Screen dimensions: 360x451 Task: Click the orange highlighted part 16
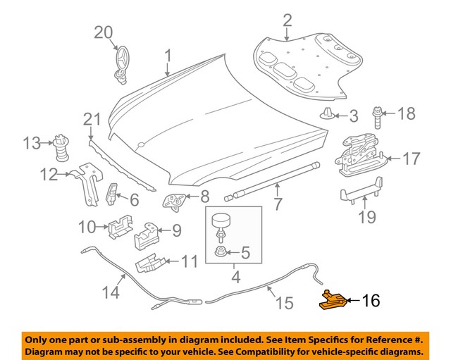(331, 301)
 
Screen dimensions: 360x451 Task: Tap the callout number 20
(104, 32)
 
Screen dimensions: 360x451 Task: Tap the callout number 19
(367, 217)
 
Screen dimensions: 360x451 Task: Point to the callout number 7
(278, 206)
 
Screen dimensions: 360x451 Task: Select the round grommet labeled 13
(61, 147)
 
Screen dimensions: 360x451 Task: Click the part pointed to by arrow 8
(173, 201)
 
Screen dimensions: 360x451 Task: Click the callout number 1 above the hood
(168, 54)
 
